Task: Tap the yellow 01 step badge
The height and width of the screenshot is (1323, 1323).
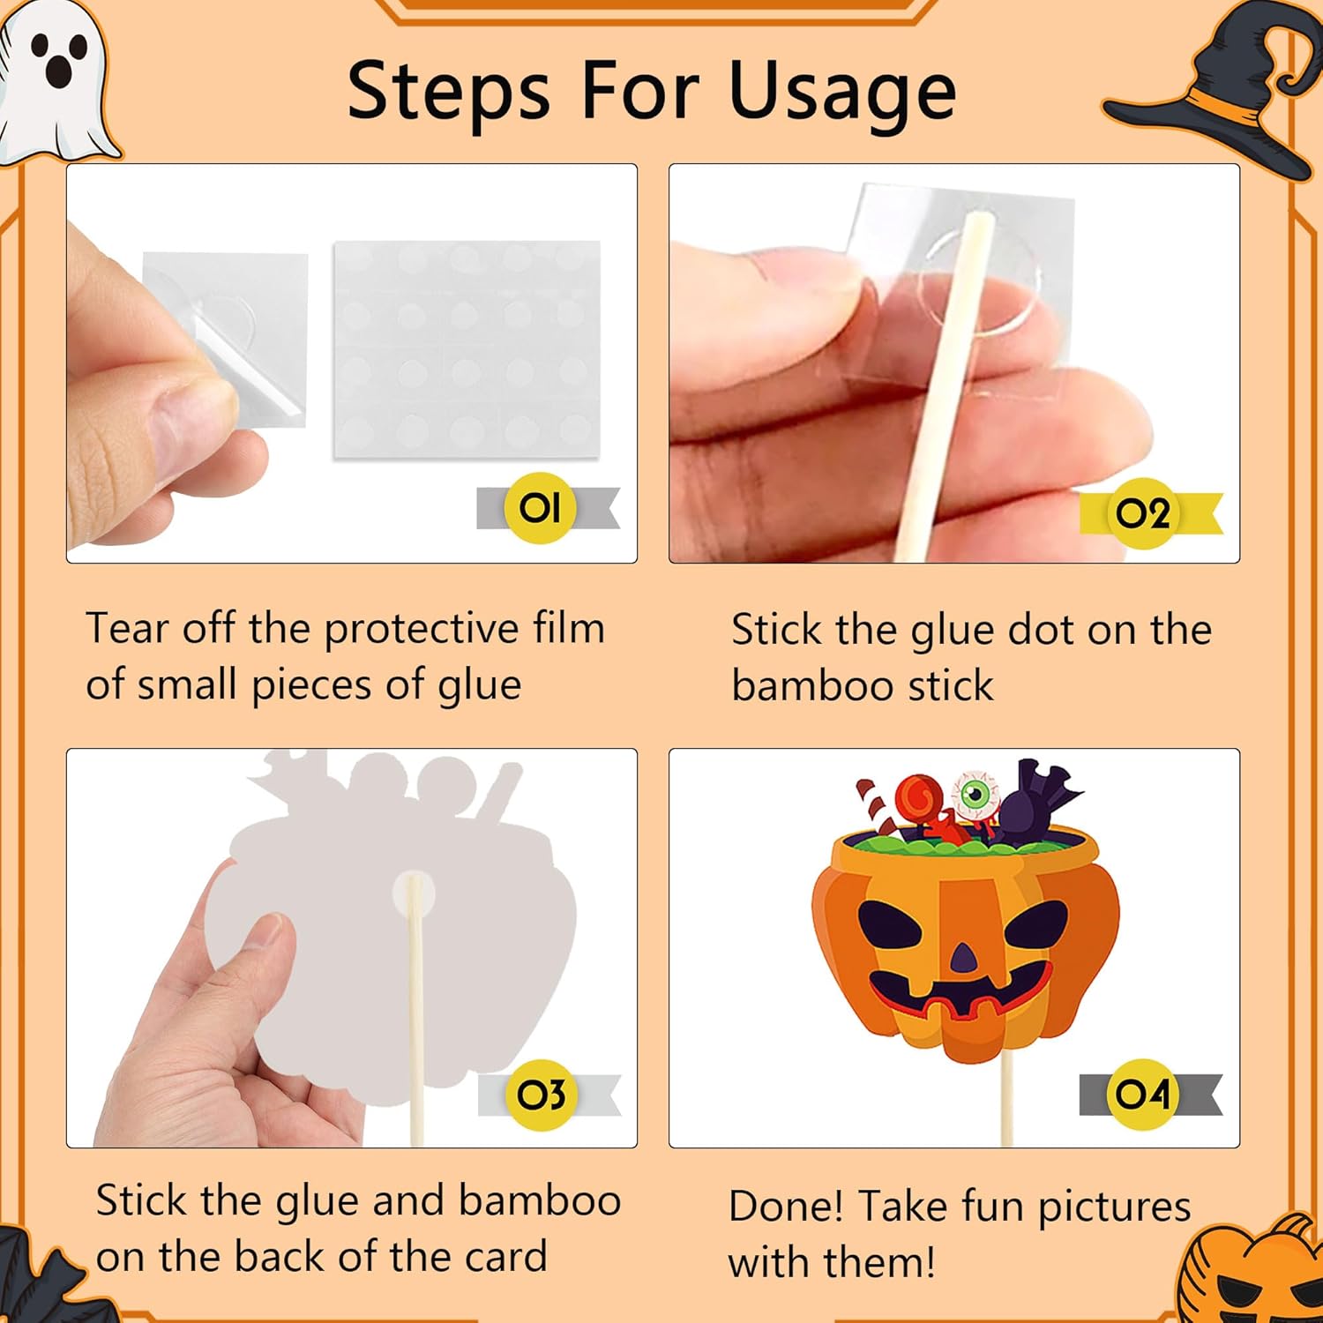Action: pos(540,508)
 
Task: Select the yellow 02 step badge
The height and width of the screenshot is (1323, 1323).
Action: pos(1143,513)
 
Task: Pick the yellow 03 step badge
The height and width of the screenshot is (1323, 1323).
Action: pos(541,1095)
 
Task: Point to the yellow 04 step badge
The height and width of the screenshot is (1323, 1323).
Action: pos(1142,1095)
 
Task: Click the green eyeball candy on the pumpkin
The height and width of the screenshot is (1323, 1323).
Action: pos(975,794)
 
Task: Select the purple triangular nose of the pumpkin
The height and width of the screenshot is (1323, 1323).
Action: pos(965,958)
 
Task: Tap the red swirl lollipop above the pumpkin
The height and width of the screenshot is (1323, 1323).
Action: pos(919,799)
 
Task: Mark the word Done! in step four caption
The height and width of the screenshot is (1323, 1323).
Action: pos(787,1207)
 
